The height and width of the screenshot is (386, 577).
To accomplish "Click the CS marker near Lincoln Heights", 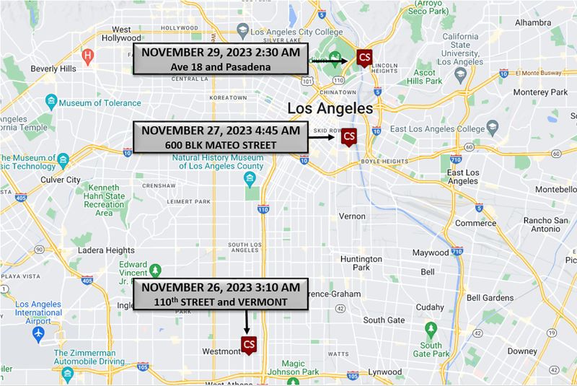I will pyautogui.click(x=365, y=58).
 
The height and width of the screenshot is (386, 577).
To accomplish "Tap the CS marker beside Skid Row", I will pyautogui.click(x=349, y=136).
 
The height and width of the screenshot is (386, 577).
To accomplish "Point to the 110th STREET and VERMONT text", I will pyautogui.click(x=221, y=301).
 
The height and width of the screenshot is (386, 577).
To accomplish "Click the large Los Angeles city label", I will pyautogui.click(x=330, y=108).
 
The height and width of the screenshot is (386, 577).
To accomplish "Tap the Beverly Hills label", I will pyautogui.click(x=54, y=69).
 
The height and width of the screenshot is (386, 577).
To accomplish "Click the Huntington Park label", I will pyautogui.click(x=361, y=263).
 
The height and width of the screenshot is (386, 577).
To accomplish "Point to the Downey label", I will pyautogui.click(x=521, y=351).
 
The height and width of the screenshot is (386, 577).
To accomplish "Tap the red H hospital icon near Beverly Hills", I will pyautogui.click(x=87, y=55).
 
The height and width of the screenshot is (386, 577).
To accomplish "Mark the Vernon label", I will pyautogui.click(x=352, y=216).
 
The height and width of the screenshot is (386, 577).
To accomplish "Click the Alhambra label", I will pyautogui.click(x=532, y=22).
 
